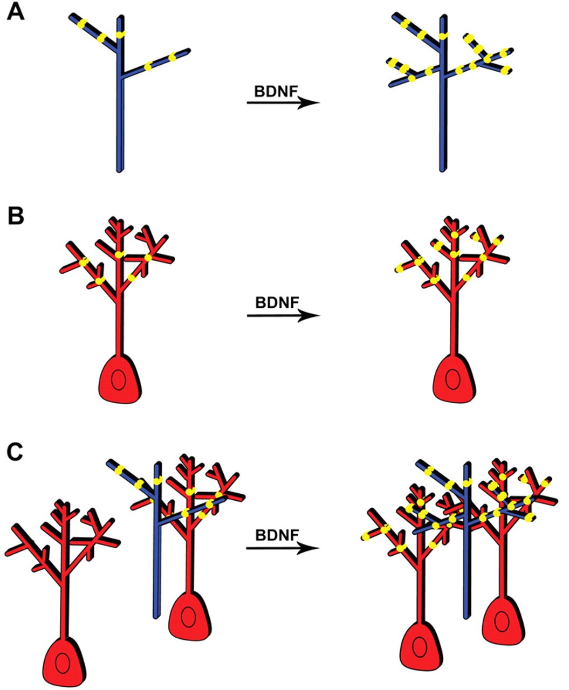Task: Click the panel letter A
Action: (15, 12)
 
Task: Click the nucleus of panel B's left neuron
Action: (119, 381)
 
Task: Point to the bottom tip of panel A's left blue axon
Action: (120, 170)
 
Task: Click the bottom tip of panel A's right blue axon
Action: (442, 170)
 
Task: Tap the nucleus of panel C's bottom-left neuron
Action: (63, 663)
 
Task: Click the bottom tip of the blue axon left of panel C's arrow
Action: (156, 616)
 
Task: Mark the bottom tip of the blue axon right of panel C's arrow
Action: (467, 616)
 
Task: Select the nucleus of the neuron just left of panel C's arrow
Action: (188, 617)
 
